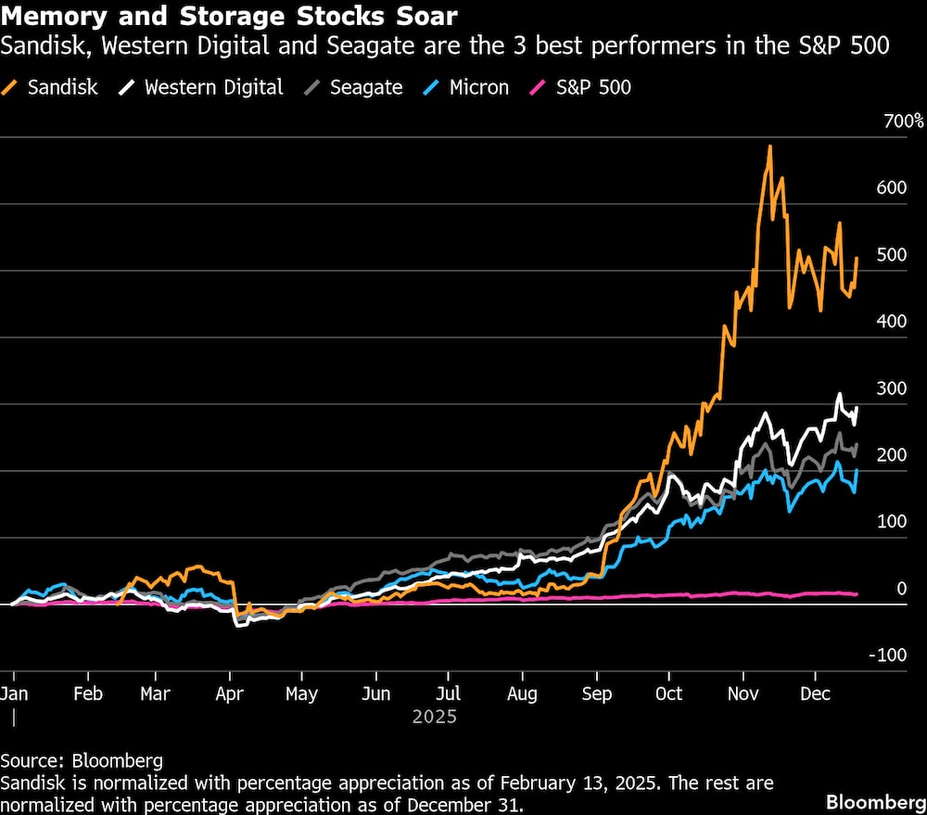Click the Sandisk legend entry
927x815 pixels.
coord(53,88)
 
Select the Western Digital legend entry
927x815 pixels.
coord(203,88)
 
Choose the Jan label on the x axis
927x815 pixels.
coord(13,694)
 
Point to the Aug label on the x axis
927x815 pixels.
coord(522,694)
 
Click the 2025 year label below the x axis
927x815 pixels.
coord(435,717)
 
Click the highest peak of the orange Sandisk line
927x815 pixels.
coord(769,146)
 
